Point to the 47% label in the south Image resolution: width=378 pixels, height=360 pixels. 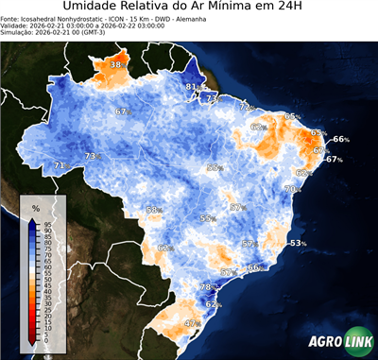click(192, 323)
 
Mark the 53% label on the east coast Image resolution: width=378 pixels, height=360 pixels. click(299, 243)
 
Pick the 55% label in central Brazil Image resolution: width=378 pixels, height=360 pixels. click(207, 218)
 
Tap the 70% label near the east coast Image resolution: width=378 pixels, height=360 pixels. click(293, 189)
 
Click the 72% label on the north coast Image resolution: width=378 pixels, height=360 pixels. click(247, 107)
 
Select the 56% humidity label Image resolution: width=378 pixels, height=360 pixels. click(215, 167)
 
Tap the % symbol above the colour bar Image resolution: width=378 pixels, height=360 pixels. click(35, 207)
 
